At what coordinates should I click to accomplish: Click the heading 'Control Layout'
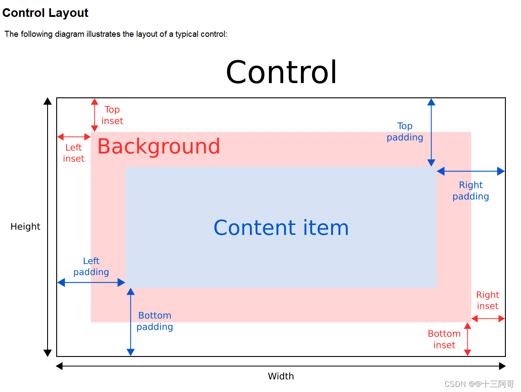[x=45, y=13]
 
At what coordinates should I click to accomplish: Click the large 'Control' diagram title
[x=281, y=72]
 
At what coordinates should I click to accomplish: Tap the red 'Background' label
[x=159, y=146]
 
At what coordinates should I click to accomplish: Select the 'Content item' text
[x=281, y=228]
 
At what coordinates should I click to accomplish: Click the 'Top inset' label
[x=112, y=116]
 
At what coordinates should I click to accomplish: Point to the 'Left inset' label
[x=74, y=153]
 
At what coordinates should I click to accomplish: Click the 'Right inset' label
[x=487, y=300]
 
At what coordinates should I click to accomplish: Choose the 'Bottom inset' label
[x=444, y=339]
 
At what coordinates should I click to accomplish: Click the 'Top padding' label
[x=405, y=132]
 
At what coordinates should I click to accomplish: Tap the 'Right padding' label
[x=470, y=191]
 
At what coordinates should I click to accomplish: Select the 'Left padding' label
[x=91, y=267]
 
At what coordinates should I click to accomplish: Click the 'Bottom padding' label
[x=155, y=321]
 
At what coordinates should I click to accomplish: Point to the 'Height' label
[x=26, y=226]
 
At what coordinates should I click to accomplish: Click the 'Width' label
[x=281, y=376]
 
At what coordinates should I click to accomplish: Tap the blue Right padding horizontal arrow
[x=471, y=171]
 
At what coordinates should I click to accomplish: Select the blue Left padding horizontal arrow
[x=91, y=283]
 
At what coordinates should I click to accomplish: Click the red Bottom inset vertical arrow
[x=467, y=339]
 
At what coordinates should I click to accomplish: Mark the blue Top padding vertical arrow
[x=431, y=132]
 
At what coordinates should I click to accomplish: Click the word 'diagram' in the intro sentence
[x=69, y=34]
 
